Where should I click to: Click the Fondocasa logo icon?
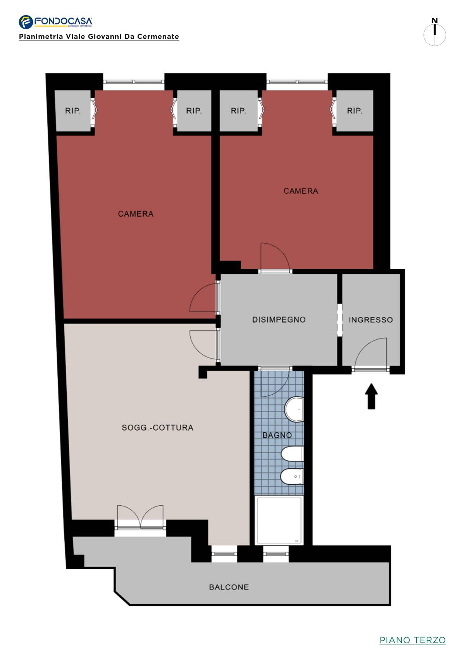(26, 22)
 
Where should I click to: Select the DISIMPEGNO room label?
(279, 320)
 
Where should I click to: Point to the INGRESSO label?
(371, 320)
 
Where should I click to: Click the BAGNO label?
(277, 435)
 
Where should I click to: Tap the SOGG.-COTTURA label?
(158, 428)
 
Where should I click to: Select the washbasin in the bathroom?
(294, 409)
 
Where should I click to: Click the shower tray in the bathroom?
(279, 520)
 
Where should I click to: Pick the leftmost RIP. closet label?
(73, 111)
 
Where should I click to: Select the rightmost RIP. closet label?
(355, 111)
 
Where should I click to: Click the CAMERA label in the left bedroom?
(136, 214)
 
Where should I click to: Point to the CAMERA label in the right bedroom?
(301, 191)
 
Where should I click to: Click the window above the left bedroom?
(134, 82)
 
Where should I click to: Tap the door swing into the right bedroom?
(275, 257)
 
